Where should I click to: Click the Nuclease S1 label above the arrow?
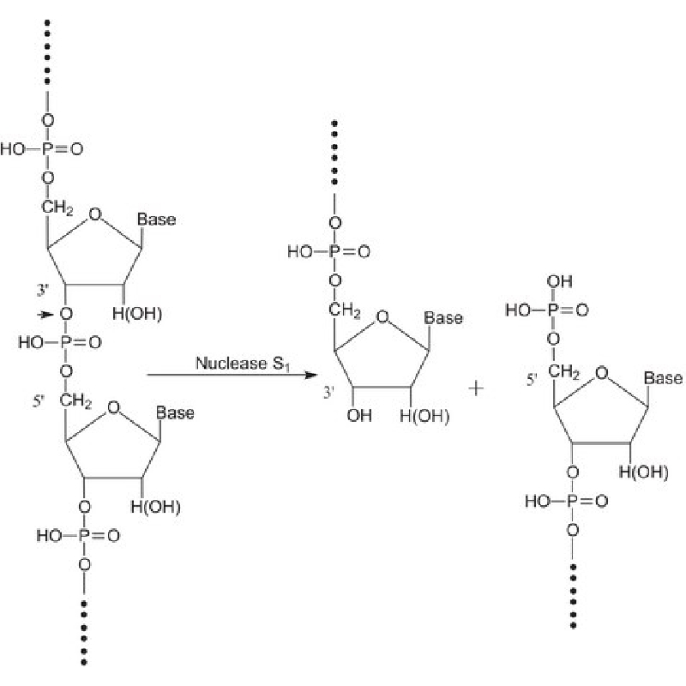tap(243, 364)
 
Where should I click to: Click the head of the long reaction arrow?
tap(311, 375)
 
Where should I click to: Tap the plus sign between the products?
tap(476, 388)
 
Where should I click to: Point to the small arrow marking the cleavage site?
tap(45, 314)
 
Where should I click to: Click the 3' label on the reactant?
tap(42, 290)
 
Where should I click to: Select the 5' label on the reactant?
tap(39, 401)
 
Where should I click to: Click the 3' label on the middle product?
tap(328, 393)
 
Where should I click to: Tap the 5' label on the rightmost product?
tap(532, 380)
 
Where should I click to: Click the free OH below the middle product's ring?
tap(359, 415)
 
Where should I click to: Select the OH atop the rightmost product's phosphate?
tap(560, 281)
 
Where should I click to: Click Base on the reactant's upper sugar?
tap(157, 220)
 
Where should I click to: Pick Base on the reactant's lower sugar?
tap(175, 413)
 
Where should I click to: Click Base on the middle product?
tap(443, 318)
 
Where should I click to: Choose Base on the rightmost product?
tap(663, 378)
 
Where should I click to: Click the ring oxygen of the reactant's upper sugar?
tap(95, 214)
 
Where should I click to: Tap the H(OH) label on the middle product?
tap(424, 416)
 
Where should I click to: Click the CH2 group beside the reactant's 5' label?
tap(75, 400)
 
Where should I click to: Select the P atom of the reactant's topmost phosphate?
tap(47, 149)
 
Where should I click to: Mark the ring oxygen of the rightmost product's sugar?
tap(602, 373)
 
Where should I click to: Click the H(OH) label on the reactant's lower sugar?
tap(155, 507)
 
